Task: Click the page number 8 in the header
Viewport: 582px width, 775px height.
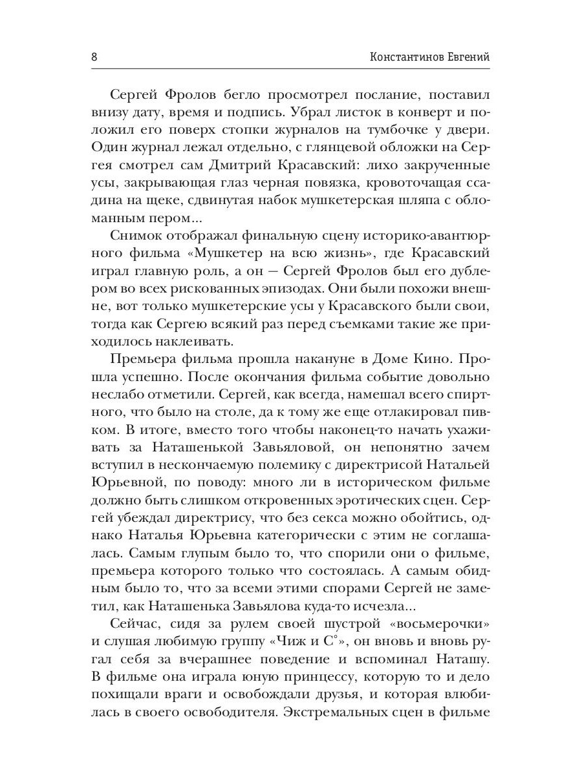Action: tap(94, 57)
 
